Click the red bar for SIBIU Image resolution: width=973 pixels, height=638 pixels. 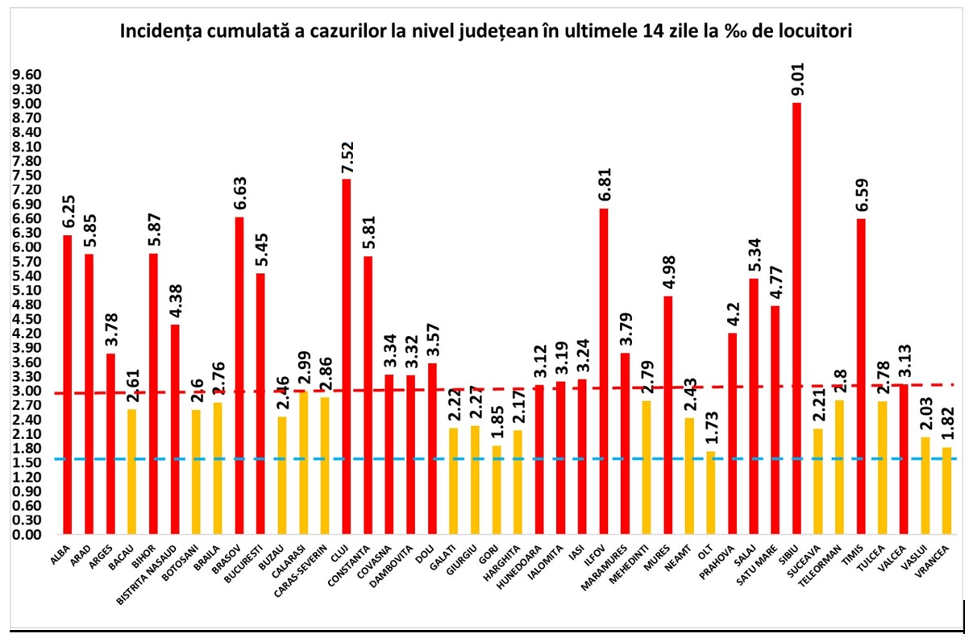796,318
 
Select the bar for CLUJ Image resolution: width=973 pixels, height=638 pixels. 346,356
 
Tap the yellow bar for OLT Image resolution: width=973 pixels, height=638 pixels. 711,493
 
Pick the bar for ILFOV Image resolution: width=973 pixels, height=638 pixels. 603,371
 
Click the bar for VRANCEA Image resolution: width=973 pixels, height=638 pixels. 947,491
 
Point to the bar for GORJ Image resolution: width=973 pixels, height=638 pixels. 496,490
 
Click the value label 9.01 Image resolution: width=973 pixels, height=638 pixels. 797,79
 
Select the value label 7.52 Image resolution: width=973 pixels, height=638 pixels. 347,158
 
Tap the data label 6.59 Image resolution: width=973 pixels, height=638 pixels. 862,195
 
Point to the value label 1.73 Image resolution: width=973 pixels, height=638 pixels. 712,428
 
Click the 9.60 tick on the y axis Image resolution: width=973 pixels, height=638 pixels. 27,75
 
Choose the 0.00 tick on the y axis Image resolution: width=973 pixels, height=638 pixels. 27,534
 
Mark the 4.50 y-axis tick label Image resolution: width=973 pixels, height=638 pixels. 27,319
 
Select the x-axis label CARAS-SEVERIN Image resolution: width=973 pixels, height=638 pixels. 301,564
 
